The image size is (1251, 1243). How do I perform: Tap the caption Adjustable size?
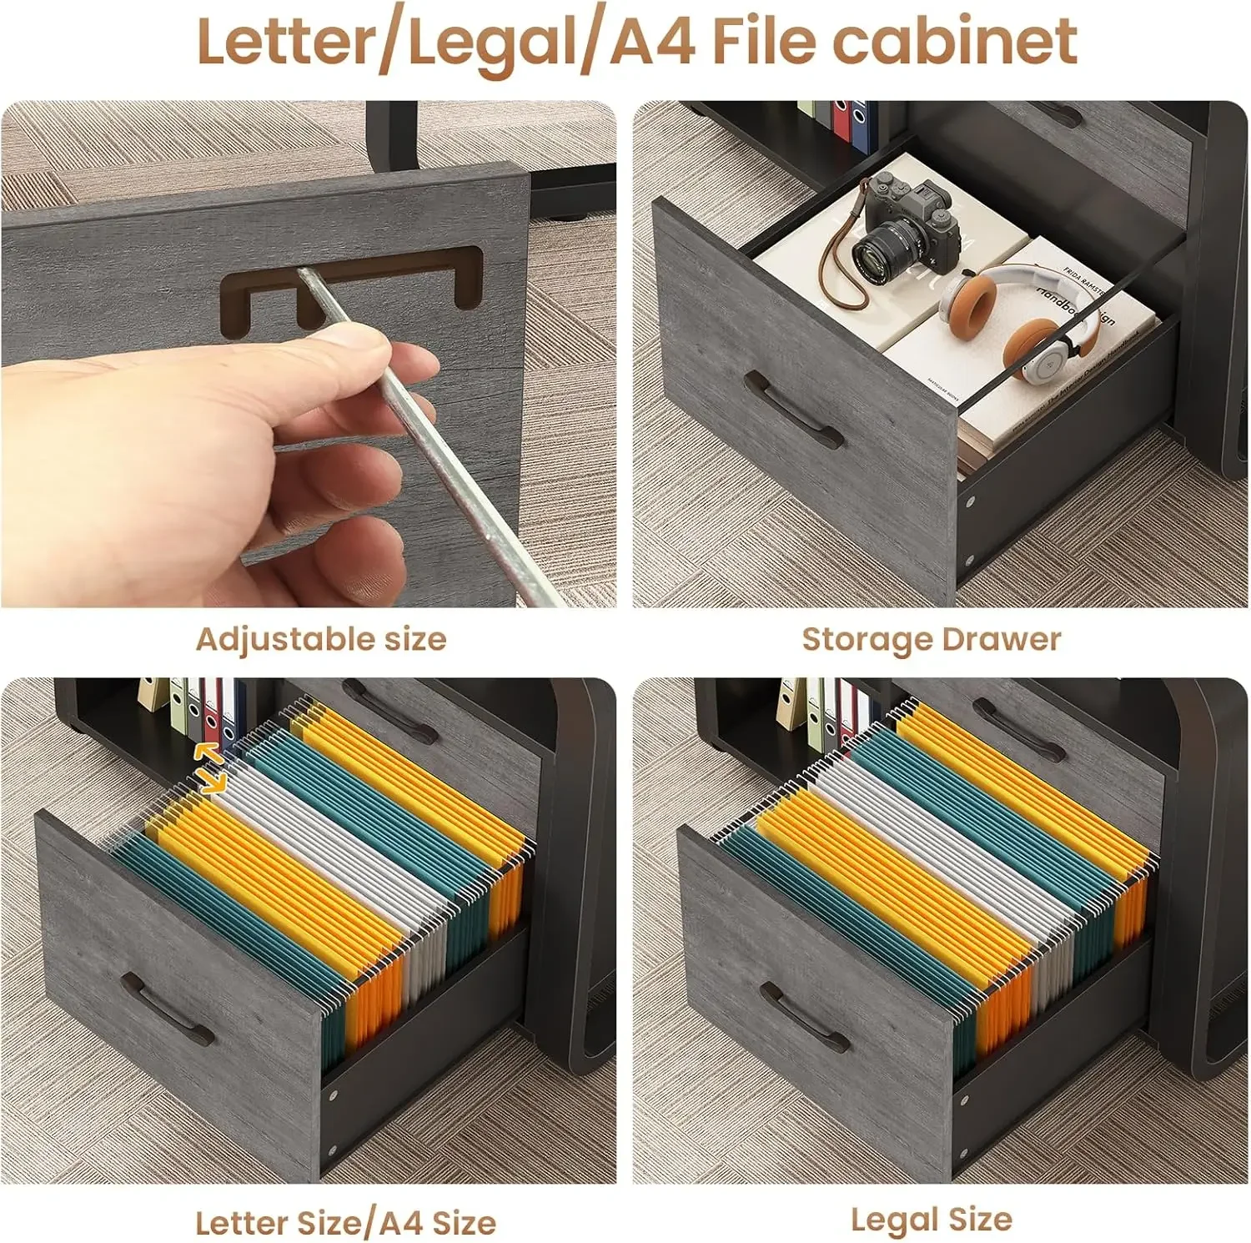pyautogui.click(x=321, y=640)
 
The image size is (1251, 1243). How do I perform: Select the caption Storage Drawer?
pyautogui.click(x=931, y=640)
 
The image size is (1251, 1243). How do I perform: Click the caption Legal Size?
pyautogui.click(x=931, y=1220)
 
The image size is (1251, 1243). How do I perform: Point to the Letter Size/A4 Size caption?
pyautogui.click(x=345, y=1223)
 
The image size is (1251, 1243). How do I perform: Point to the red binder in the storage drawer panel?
pyautogui.click(x=842, y=125)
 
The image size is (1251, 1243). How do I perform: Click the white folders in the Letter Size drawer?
pyautogui.click(x=334, y=843)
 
